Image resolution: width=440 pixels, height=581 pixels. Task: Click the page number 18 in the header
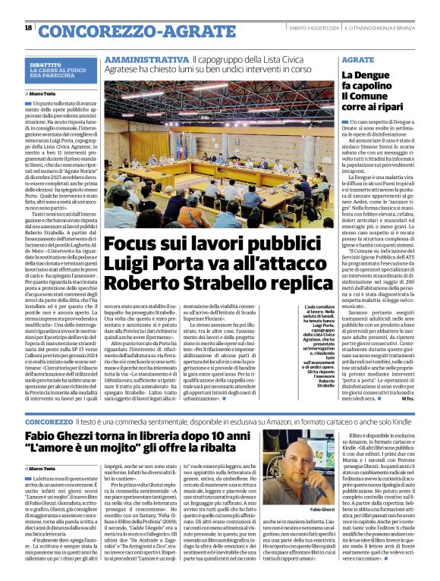pyautogui.click(x=28, y=28)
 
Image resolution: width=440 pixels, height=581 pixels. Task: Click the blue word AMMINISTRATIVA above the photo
pyautogui.click(x=146, y=58)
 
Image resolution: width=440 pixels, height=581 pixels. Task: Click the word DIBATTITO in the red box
pyautogui.click(x=46, y=66)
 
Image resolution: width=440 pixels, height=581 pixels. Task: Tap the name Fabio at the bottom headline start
pyautogui.click(x=46, y=439)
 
